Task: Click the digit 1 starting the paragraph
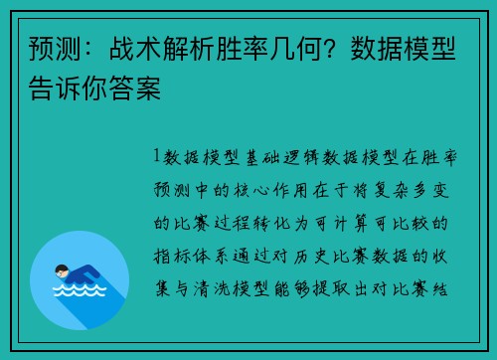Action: pos(157,156)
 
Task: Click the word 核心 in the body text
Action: pos(273,189)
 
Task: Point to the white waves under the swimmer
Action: pos(79,291)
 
